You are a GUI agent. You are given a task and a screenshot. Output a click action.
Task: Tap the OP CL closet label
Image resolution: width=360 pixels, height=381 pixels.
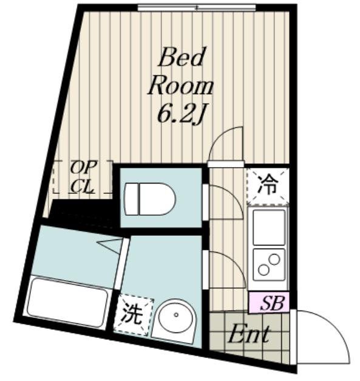[82, 177]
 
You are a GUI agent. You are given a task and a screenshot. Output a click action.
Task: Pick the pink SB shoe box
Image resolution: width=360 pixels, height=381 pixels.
[269, 303]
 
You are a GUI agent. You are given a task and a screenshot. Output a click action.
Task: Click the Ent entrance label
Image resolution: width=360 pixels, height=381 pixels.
[249, 334]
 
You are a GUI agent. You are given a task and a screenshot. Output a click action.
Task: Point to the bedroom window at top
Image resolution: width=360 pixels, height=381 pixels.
[196, 8]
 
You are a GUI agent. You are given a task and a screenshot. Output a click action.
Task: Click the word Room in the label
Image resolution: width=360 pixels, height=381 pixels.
[180, 86]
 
